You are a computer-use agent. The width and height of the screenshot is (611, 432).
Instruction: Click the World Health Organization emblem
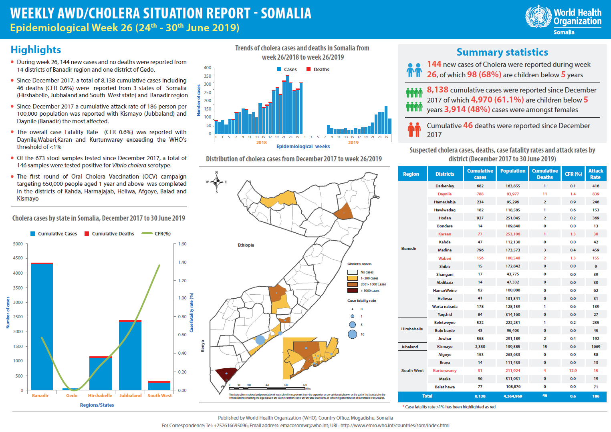[x=538, y=16]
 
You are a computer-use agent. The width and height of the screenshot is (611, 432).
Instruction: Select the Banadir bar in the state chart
[x=42, y=326]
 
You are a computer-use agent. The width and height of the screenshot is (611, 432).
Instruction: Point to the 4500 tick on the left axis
[x=18, y=258]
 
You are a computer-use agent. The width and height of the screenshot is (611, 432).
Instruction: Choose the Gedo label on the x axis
[x=72, y=396]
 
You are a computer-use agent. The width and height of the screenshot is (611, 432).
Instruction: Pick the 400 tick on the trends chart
[x=207, y=68]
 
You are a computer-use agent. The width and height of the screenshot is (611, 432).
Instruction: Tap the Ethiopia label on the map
[x=246, y=245]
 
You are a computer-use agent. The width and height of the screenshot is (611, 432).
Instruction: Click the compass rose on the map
[x=216, y=182]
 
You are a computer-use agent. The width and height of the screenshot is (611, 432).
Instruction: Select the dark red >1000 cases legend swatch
[x=352, y=291]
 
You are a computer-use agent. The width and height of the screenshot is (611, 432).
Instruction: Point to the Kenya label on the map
[x=202, y=346]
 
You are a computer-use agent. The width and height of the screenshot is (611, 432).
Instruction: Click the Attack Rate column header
[x=595, y=174]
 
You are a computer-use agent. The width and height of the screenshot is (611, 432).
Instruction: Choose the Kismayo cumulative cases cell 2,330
[x=480, y=347]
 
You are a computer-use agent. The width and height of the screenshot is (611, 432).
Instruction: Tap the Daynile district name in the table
[x=445, y=194]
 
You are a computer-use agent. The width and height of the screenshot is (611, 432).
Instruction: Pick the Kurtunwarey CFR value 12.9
[x=573, y=371]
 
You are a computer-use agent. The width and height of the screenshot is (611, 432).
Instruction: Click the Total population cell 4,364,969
[x=513, y=396]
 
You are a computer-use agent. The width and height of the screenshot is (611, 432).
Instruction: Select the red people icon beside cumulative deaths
[x=414, y=129]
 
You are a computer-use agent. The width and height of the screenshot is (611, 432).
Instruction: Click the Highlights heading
[x=36, y=50]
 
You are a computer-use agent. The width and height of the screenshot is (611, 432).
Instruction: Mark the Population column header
[x=512, y=171]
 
